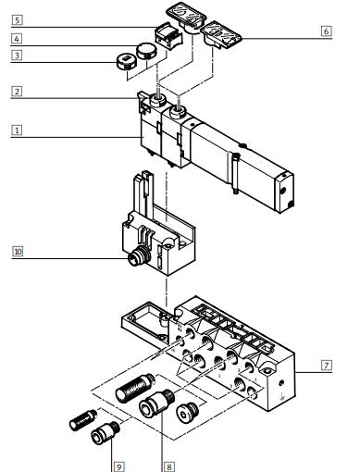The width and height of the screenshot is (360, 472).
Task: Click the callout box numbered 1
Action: (17, 130)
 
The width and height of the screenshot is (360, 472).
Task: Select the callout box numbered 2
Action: (17, 92)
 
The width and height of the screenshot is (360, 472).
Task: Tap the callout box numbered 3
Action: (17, 56)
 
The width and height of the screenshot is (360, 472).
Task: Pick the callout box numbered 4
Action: (17, 39)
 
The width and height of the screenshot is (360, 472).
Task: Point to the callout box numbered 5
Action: (17, 20)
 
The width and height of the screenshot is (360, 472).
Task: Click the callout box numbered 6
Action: (326, 31)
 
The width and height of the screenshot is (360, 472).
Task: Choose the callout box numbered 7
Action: (327, 366)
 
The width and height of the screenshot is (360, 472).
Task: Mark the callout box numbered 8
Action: (168, 466)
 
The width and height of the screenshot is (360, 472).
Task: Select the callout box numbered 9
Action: (118, 466)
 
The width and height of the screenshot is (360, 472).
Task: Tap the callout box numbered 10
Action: (18, 252)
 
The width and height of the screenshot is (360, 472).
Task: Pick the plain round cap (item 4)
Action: (147, 51)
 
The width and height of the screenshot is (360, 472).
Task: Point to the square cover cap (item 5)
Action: (168, 36)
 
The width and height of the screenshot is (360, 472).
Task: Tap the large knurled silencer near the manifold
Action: (136, 387)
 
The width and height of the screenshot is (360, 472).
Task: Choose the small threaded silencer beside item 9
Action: (83, 420)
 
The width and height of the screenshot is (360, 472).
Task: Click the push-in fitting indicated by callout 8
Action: (156, 404)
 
